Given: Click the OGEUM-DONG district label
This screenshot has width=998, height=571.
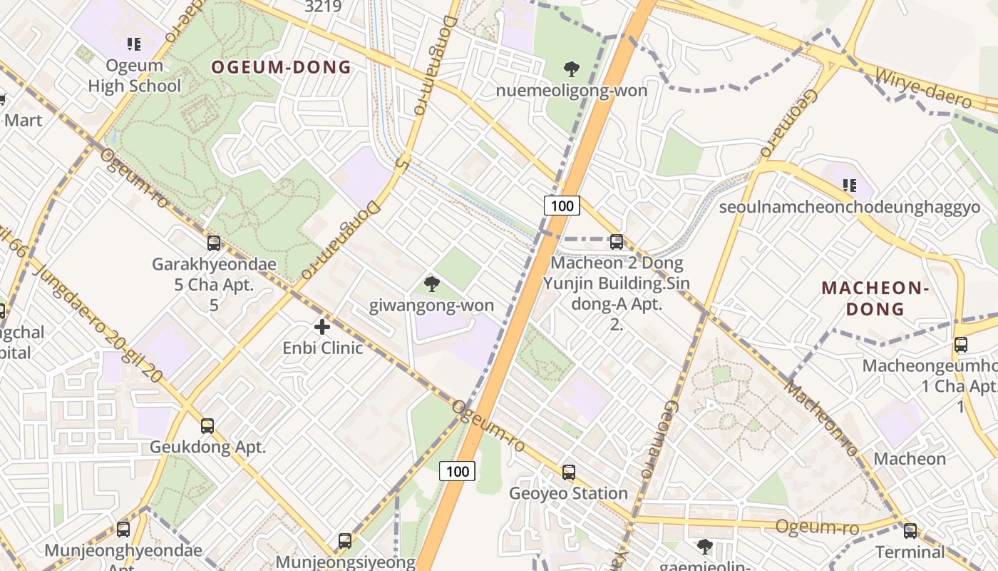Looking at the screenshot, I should (281, 68).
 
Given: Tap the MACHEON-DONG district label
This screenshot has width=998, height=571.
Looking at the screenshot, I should (874, 298).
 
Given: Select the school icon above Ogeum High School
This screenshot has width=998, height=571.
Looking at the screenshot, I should (133, 45).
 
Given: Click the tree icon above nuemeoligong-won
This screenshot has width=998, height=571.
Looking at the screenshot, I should (571, 69).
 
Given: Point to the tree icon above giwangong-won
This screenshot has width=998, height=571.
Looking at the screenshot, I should (431, 284).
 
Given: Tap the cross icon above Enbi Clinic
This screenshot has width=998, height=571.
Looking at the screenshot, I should (322, 327).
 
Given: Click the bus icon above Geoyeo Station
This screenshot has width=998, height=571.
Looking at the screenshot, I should (568, 472).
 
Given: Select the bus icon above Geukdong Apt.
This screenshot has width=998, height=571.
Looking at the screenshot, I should (207, 426).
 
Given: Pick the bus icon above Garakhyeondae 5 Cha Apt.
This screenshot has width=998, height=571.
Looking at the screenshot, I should (213, 243).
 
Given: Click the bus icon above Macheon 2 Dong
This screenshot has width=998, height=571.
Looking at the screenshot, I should (617, 242).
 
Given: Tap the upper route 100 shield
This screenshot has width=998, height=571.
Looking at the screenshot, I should (562, 206).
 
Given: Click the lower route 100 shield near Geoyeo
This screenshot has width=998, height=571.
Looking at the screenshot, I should (457, 471).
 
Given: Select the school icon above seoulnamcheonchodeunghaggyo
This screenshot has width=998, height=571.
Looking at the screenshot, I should (849, 186).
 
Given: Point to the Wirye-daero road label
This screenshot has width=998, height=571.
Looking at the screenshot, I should (922, 89).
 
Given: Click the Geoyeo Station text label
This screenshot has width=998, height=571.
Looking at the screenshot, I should (568, 493).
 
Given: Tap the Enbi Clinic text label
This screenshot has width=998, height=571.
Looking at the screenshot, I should (322, 348).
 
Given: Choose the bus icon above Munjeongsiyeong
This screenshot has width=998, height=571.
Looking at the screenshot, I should (345, 540).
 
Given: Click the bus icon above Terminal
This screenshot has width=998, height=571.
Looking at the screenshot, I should (910, 530).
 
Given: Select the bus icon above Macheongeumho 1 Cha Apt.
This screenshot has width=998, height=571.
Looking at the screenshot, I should (961, 345).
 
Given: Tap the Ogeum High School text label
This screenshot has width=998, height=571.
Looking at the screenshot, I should (134, 76).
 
